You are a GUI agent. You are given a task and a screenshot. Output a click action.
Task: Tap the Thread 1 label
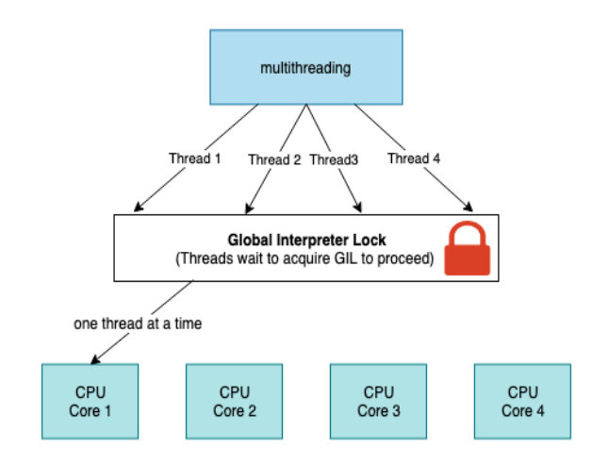(195, 158)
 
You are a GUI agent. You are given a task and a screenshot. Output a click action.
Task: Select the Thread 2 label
(274, 159)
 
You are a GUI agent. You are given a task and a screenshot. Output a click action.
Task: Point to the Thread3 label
(334, 159)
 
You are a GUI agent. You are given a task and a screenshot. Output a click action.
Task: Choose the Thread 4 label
(414, 158)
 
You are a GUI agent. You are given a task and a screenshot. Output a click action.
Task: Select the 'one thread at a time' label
(138, 324)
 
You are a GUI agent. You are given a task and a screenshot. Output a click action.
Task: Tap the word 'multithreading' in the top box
(306, 68)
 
